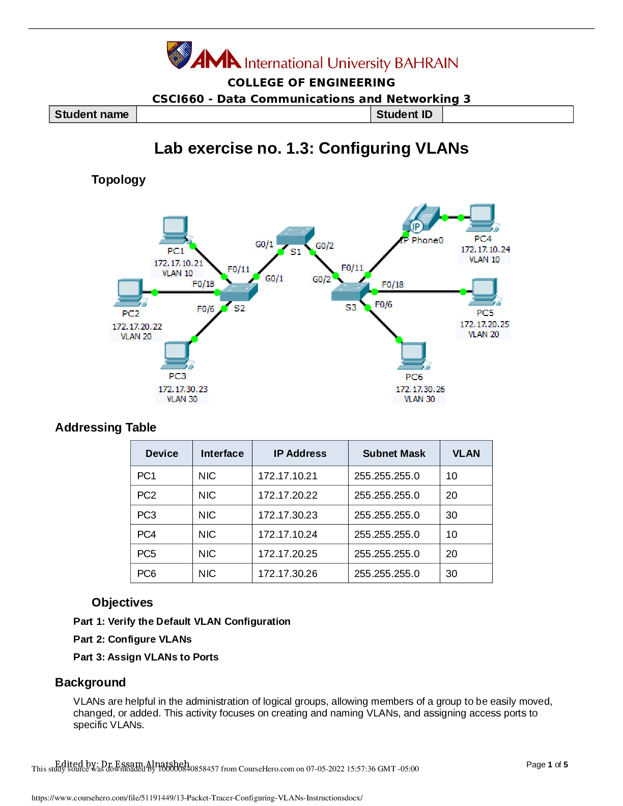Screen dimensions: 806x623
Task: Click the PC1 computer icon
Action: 175,230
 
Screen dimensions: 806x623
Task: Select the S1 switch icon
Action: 295,236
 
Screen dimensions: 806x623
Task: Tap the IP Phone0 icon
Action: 421,219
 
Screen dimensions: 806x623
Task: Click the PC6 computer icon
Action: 413,356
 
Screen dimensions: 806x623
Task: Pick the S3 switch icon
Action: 350,292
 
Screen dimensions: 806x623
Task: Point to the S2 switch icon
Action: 239,292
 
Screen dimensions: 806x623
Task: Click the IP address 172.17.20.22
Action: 137,327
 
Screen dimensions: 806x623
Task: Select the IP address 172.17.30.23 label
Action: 183,389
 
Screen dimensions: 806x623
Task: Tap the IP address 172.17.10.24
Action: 485,249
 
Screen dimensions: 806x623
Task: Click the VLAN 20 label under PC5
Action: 484,334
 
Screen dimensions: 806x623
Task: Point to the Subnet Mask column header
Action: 394,453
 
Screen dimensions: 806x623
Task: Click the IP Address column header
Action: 300,453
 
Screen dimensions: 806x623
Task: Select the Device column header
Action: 162,453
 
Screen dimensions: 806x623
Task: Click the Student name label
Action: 92,114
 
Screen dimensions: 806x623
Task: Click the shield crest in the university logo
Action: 179,55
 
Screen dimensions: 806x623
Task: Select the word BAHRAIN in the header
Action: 427,63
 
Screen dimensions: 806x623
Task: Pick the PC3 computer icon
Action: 177,355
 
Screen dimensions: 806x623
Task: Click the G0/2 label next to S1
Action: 325,246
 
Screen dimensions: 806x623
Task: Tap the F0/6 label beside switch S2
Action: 206,309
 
